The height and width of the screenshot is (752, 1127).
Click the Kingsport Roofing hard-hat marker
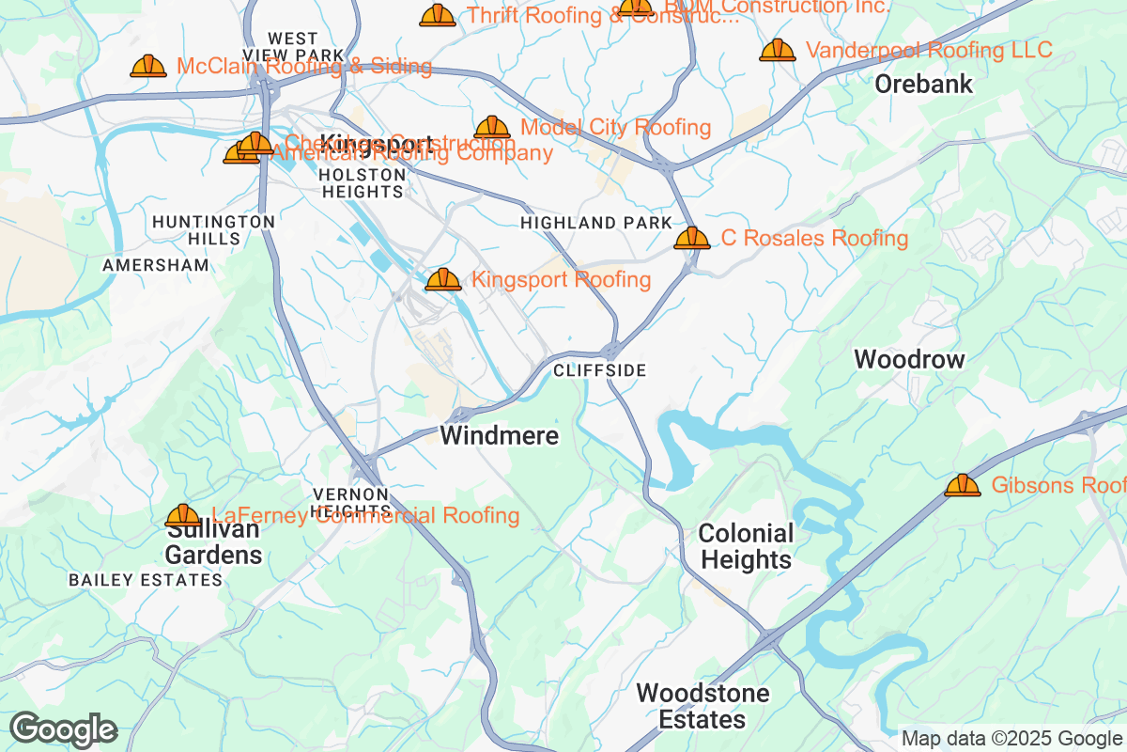tap(443, 279)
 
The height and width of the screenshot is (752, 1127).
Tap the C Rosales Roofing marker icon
tap(692, 238)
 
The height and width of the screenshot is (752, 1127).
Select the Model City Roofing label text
tap(615, 127)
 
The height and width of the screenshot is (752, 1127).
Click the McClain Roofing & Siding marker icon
tap(148, 66)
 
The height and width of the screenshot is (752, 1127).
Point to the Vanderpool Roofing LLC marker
tap(778, 50)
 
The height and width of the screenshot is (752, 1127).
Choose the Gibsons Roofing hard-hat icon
tap(963, 485)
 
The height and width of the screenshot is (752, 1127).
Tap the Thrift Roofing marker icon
tap(438, 15)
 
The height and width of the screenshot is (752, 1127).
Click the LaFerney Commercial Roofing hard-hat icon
tap(183, 515)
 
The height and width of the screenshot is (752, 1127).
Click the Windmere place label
tap(500, 436)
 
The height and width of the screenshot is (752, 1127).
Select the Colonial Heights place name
tap(747, 547)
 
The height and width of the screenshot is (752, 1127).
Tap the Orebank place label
tap(924, 85)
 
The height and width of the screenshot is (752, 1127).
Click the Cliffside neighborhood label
tap(600, 371)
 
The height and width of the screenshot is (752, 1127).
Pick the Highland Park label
tap(596, 224)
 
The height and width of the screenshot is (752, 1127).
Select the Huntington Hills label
tap(213, 230)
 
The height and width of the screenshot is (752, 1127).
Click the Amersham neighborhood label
tap(156, 266)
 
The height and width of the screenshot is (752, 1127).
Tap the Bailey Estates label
tap(146, 580)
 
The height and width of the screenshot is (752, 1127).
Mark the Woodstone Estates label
tap(702, 707)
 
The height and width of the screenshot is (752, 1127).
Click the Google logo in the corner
tap(63, 729)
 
